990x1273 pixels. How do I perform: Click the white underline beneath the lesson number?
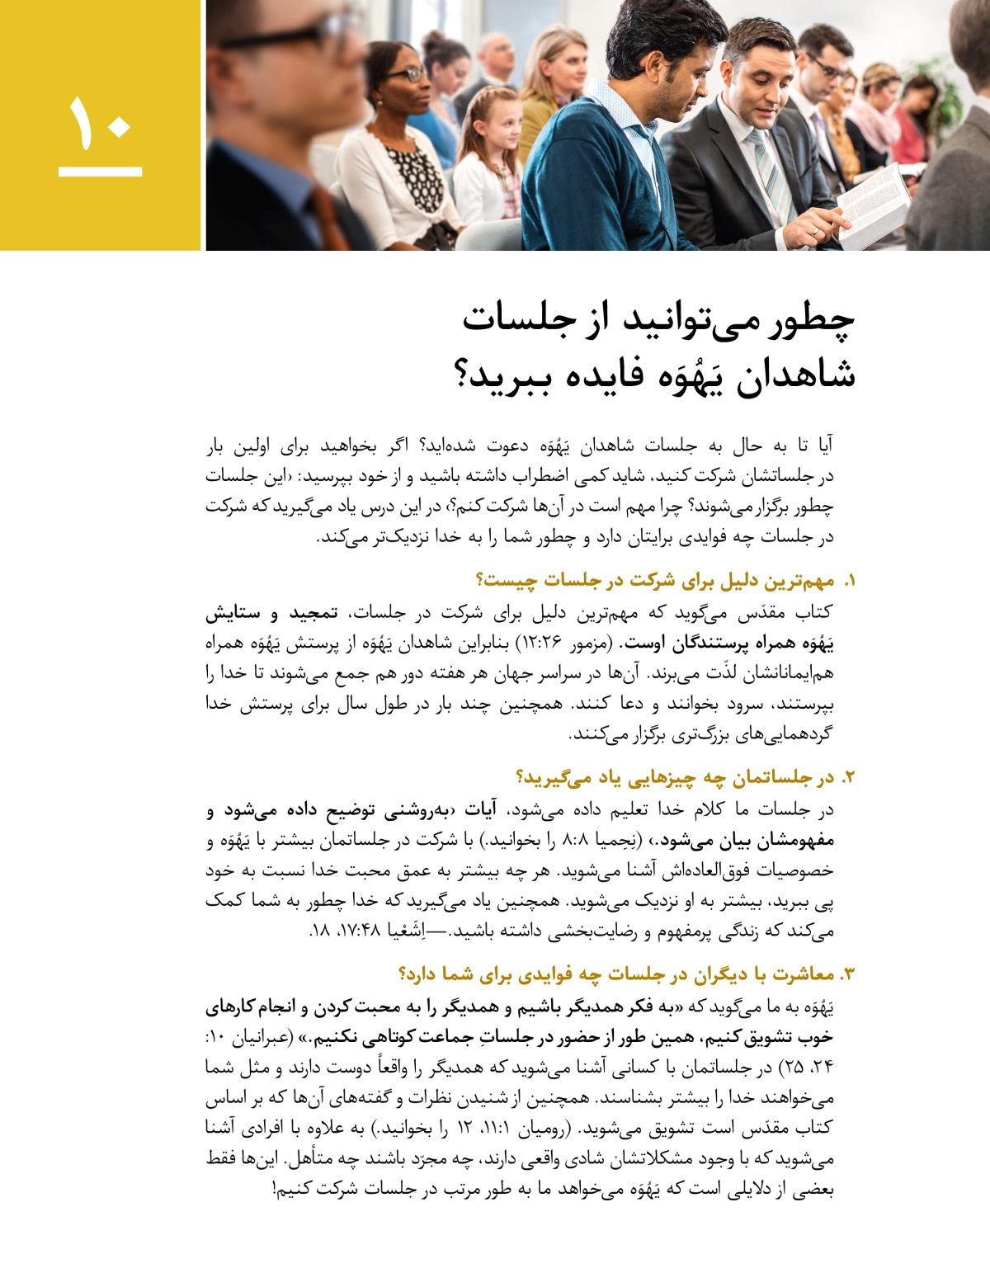[100, 172]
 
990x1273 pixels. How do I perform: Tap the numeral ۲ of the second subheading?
[849, 777]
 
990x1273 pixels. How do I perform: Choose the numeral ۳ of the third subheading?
[848, 974]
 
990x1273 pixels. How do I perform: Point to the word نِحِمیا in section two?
[613, 840]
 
